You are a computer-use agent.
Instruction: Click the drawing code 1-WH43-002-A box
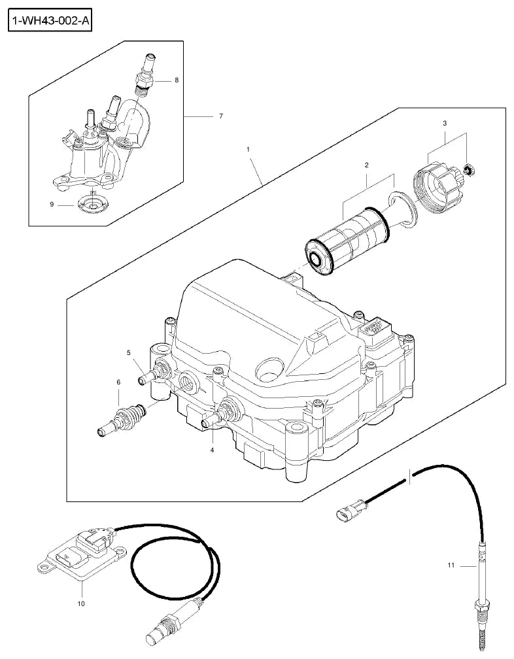(x=50, y=21)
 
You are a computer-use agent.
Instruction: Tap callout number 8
(x=177, y=80)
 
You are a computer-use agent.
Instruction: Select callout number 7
(x=221, y=116)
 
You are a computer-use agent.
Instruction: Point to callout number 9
(x=52, y=204)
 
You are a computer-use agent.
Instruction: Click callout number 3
(x=445, y=123)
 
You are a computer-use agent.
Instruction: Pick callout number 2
(x=366, y=165)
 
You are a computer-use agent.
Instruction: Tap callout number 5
(x=129, y=353)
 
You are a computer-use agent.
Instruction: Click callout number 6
(x=118, y=382)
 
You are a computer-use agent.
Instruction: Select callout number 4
(x=213, y=450)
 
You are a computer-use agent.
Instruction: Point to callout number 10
(x=81, y=604)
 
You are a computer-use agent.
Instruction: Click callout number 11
(x=451, y=566)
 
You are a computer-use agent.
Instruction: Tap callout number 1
(x=248, y=149)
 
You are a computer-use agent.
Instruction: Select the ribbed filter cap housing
(x=439, y=187)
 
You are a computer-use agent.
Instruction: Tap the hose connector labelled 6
(x=122, y=418)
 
